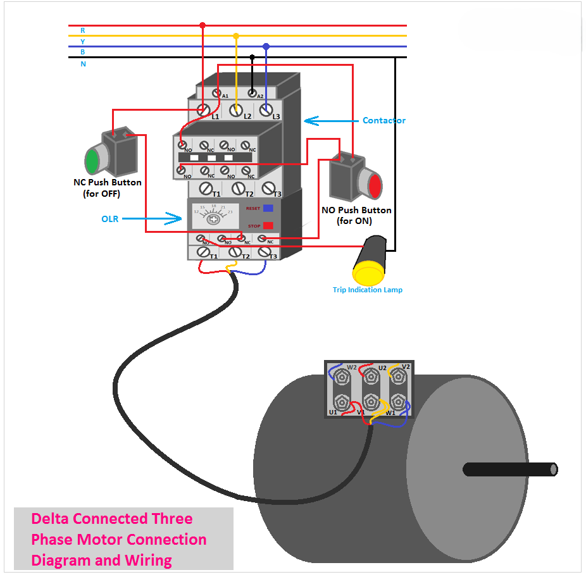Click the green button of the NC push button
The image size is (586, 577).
coord(92,160)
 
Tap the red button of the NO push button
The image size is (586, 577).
coord(375,186)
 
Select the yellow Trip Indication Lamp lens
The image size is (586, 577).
coord(368,274)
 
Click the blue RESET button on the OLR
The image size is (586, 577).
coord(268,208)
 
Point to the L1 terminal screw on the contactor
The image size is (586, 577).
coord(204,110)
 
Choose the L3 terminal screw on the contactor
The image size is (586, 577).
coord(267,110)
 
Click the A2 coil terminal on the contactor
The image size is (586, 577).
coord(252,94)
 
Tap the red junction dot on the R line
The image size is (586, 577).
coord(203,25)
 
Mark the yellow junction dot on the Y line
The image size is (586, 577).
coord(236,36)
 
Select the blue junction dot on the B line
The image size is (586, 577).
coord(266,46)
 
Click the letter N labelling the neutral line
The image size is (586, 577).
coord(83,64)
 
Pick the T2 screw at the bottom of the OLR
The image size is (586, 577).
coord(235,252)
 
